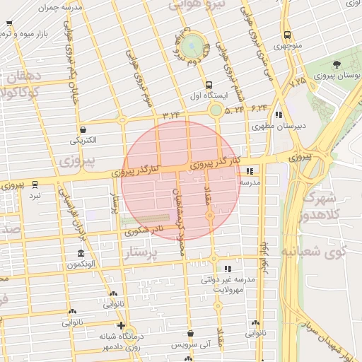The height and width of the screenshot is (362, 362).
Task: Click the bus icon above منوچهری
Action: [x=287, y=35]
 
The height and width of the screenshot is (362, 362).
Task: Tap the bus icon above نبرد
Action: [x=35, y=185]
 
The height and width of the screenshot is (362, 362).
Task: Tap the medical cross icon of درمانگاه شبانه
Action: [x=121, y=326]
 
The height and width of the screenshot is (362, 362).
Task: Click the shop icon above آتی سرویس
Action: [x=190, y=334]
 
